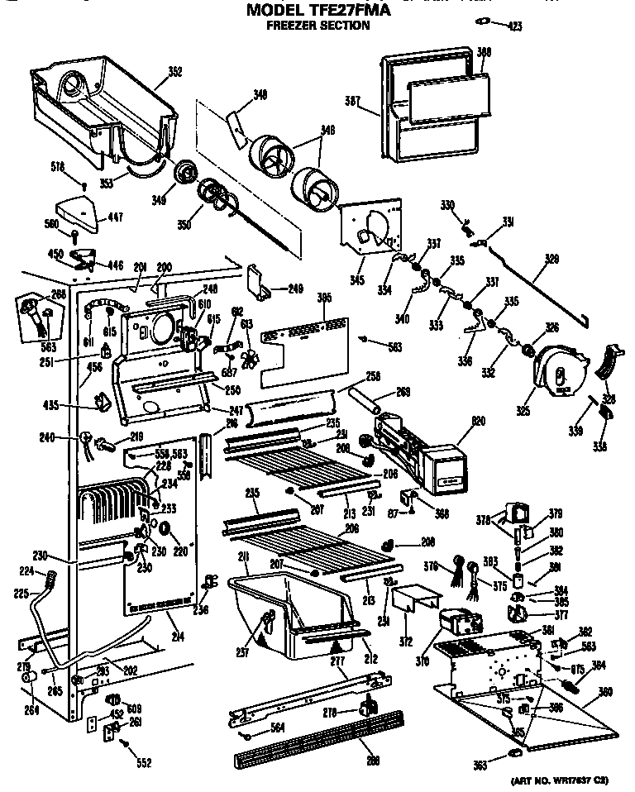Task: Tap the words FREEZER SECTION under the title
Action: click(x=317, y=26)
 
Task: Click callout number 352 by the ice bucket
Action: click(x=174, y=72)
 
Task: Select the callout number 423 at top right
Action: click(x=514, y=28)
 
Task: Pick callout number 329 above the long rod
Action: click(x=551, y=258)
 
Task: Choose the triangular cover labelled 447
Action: click(x=78, y=209)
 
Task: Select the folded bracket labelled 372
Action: click(x=411, y=597)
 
